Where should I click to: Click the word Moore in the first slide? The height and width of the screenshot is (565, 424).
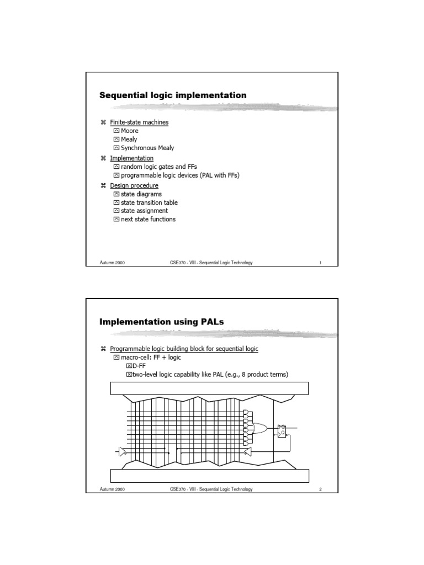(x=129, y=131)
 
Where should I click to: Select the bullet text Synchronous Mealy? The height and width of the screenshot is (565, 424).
(x=147, y=148)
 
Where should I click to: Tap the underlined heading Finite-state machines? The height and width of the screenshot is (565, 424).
(x=139, y=122)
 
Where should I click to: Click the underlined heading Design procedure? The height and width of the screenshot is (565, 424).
(x=134, y=185)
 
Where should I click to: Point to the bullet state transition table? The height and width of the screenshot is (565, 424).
(x=149, y=202)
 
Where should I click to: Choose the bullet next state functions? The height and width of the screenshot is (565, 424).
(x=148, y=219)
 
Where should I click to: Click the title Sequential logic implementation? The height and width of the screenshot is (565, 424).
(x=172, y=95)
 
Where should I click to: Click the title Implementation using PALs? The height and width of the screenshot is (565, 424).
(x=162, y=322)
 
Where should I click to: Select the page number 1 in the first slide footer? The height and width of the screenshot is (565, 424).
(x=320, y=263)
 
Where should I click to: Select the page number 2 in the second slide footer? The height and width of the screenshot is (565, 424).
(x=320, y=489)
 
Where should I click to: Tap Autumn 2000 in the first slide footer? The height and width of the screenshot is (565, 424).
(x=112, y=263)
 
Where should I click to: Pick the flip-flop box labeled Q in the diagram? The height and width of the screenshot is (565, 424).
(x=282, y=430)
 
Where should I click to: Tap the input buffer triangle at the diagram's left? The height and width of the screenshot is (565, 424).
(x=122, y=452)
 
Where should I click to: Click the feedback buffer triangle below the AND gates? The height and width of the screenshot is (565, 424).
(x=248, y=452)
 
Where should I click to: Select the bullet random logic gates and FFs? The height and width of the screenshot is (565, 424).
(x=158, y=167)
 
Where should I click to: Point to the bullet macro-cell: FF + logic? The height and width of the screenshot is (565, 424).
(x=150, y=357)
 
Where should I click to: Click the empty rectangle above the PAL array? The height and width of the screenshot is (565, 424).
(x=210, y=388)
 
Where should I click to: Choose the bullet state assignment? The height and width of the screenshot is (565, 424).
(x=144, y=211)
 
